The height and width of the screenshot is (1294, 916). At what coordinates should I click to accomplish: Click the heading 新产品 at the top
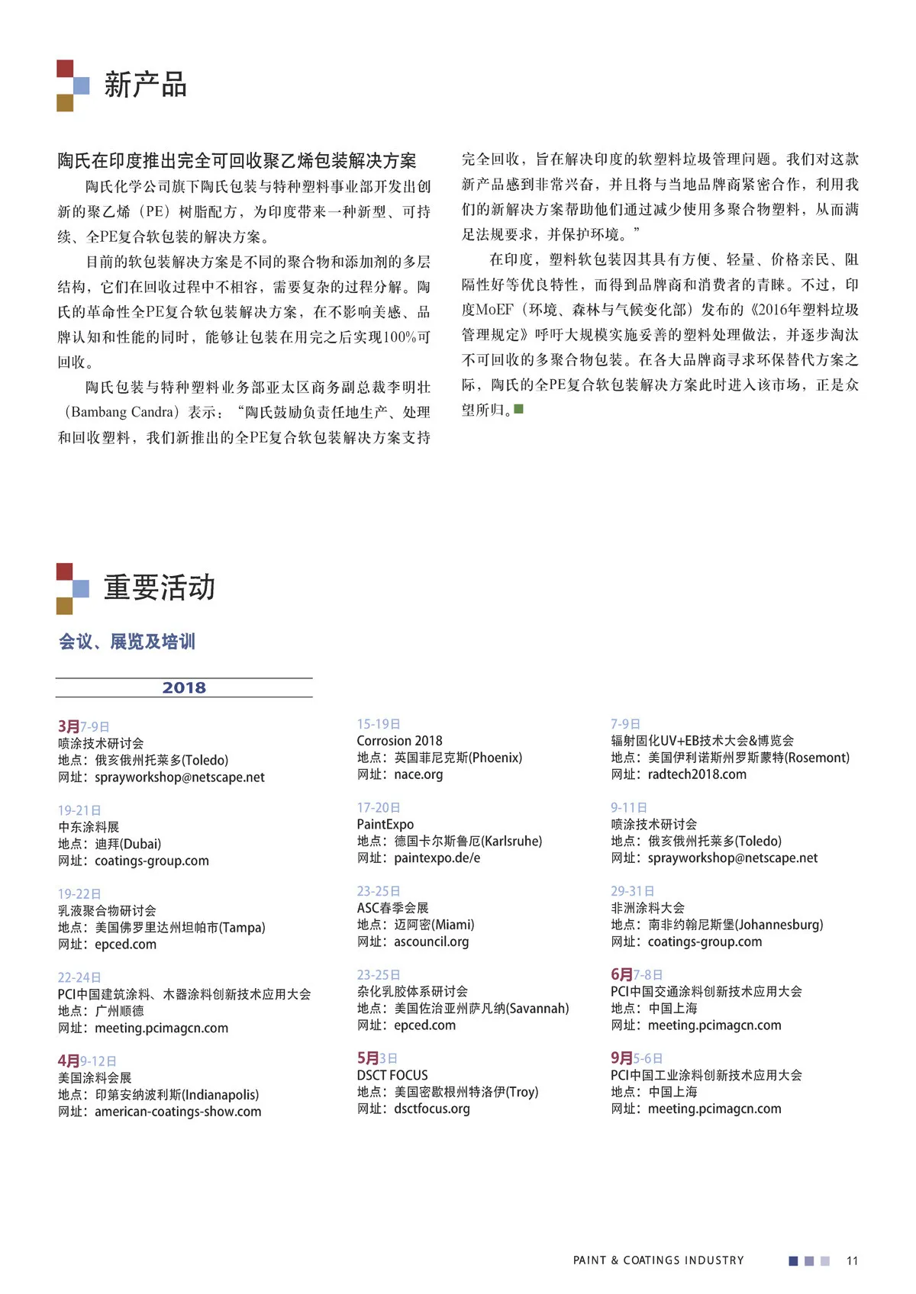tap(145, 85)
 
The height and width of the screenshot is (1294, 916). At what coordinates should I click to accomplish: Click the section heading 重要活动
tap(159, 587)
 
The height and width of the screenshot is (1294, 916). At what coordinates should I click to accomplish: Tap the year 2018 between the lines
tap(184, 687)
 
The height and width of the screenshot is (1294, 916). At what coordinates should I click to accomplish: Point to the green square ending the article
tap(519, 410)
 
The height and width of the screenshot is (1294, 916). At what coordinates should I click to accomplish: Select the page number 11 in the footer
tap(852, 1260)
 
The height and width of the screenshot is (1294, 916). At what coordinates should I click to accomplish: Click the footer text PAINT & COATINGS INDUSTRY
tap(658, 1260)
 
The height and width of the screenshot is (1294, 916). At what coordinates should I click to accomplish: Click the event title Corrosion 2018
tap(399, 741)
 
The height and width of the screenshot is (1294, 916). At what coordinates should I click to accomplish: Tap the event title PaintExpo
tap(385, 824)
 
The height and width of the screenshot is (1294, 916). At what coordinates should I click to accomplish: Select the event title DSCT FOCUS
tap(392, 1075)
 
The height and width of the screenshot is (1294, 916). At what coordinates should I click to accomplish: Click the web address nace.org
tap(418, 774)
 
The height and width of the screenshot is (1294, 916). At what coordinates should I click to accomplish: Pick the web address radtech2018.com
tap(697, 774)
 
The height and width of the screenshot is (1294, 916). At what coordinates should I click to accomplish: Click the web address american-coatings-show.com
tap(178, 1112)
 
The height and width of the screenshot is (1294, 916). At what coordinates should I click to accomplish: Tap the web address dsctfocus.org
tap(431, 1109)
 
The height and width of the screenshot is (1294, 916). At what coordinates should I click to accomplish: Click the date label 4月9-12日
tap(87, 1061)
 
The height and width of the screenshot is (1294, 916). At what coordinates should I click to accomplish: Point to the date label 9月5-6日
tap(637, 1058)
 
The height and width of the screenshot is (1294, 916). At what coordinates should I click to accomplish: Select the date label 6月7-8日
tap(637, 974)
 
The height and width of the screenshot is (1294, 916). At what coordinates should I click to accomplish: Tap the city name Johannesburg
tap(779, 925)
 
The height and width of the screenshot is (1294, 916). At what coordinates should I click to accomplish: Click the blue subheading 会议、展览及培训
tap(127, 642)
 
